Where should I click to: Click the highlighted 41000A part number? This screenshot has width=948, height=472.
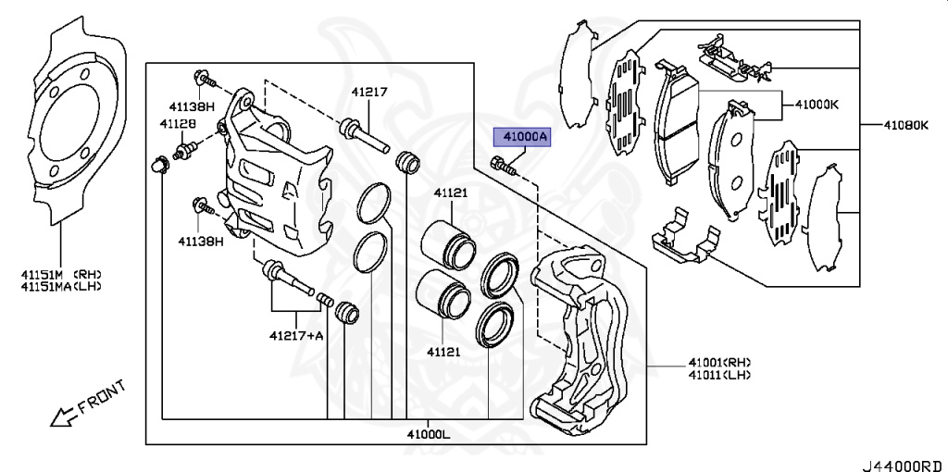[524, 138]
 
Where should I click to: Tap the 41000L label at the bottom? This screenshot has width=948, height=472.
[429, 432]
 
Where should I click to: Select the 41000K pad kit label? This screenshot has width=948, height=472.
[816, 104]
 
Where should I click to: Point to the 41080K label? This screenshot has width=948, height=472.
[905, 125]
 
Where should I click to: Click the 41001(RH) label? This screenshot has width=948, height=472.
[719, 362]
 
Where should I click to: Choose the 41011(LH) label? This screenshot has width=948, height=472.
[718, 375]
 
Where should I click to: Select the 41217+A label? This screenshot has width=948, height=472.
[296, 335]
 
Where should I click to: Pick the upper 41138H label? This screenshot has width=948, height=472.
[192, 106]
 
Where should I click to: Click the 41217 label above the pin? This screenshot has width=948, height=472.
[368, 92]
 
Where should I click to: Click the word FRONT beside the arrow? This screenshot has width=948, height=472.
[101, 396]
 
